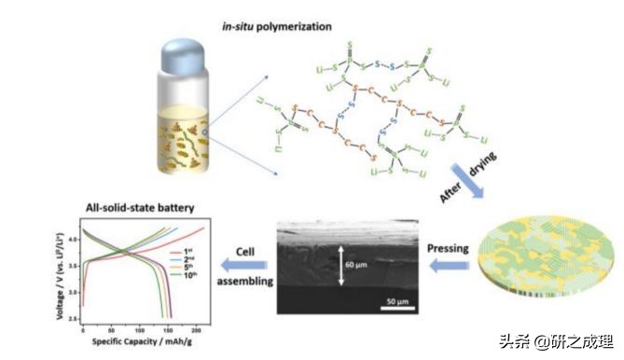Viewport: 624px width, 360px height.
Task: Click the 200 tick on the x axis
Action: pos(193,329)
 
